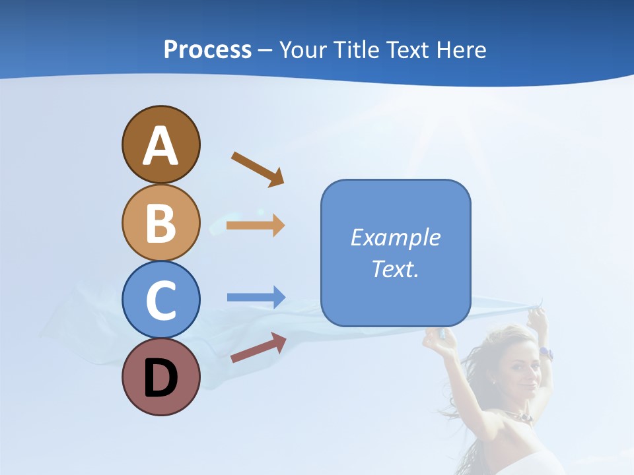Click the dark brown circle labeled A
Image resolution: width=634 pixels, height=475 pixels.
(160, 144)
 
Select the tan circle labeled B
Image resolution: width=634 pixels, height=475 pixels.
(160, 222)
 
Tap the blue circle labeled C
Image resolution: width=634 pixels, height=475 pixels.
(160, 300)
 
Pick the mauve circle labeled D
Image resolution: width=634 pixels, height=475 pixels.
(160, 377)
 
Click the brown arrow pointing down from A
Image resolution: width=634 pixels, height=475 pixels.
(258, 169)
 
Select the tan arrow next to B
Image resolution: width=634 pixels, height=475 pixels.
(256, 226)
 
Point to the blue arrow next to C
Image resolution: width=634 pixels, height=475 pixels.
(256, 298)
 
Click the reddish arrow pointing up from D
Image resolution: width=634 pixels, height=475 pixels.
(258, 348)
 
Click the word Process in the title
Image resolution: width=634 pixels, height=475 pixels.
(207, 49)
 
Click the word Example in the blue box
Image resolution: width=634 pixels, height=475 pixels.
(396, 237)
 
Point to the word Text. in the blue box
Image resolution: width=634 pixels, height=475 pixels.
(396, 269)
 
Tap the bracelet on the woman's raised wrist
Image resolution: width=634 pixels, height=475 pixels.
(546, 353)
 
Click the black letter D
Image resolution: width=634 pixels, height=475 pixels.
(160, 379)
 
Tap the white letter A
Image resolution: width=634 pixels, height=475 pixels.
(160, 146)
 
